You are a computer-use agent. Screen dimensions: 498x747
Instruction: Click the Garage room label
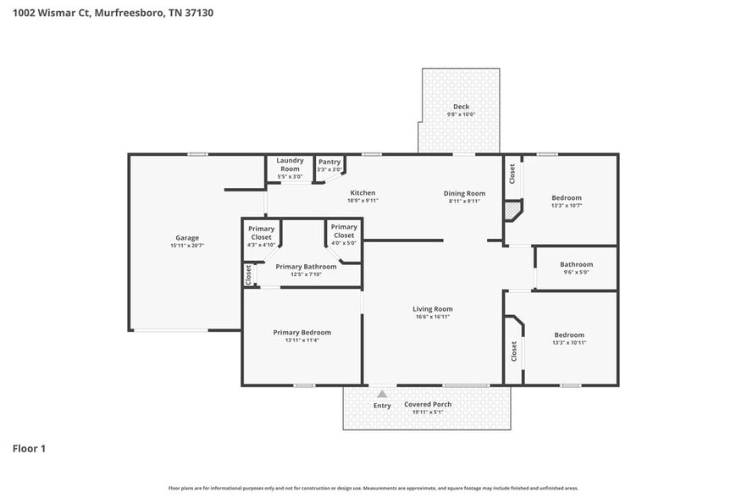[x=187, y=238]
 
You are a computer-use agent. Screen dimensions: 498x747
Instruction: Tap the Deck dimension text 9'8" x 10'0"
[x=461, y=114]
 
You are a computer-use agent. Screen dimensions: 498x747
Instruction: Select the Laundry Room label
[x=290, y=164]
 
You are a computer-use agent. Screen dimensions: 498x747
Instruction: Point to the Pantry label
[x=329, y=162]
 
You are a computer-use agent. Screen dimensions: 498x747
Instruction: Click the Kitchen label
[x=362, y=193]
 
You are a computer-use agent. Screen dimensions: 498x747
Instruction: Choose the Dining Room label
[x=464, y=193]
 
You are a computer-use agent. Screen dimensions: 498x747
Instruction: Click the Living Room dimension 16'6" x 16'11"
[x=432, y=317]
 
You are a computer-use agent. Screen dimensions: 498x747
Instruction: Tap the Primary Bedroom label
[x=302, y=332]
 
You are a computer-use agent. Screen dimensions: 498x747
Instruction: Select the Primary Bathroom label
[x=306, y=267]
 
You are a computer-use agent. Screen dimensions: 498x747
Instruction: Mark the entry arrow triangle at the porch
[x=382, y=394]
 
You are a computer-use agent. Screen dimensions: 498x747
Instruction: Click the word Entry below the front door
[x=382, y=406]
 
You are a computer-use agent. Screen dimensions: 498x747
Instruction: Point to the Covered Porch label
[x=428, y=404]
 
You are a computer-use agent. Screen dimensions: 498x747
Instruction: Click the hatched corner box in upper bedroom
[x=512, y=208]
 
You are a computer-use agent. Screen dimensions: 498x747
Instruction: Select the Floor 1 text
[x=29, y=448]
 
